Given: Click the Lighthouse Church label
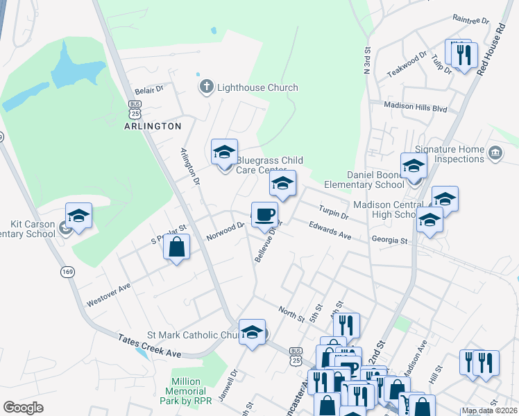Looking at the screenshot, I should tap(257, 87).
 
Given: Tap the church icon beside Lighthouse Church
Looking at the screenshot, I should tap(205, 87).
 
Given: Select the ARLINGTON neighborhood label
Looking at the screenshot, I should tap(153, 126).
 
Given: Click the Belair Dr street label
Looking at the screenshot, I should tap(148, 89).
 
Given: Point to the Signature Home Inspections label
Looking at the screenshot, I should tap(450, 154).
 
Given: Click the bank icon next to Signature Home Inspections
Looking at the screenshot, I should tap(495, 153).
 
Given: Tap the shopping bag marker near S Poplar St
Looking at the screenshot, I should tap(177, 248).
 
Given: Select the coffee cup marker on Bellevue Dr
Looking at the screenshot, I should tap(264, 214).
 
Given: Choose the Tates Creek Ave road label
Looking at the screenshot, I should tap(149, 344).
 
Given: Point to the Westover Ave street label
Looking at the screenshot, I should tap(109, 294).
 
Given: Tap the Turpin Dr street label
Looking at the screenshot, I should tap(334, 211).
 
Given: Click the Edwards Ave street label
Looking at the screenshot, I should tap(330, 230).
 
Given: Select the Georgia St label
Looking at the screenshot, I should tap(389, 240).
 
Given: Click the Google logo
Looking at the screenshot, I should tap(24, 408).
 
